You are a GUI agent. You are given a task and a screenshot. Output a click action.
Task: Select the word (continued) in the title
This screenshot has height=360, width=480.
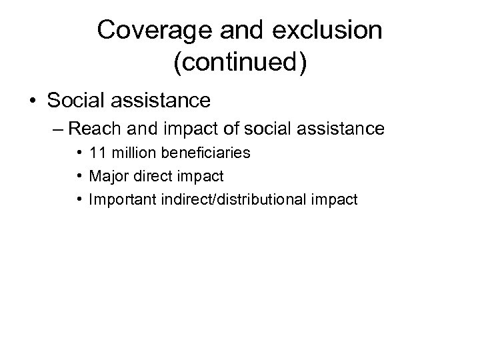tap(240, 65)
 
